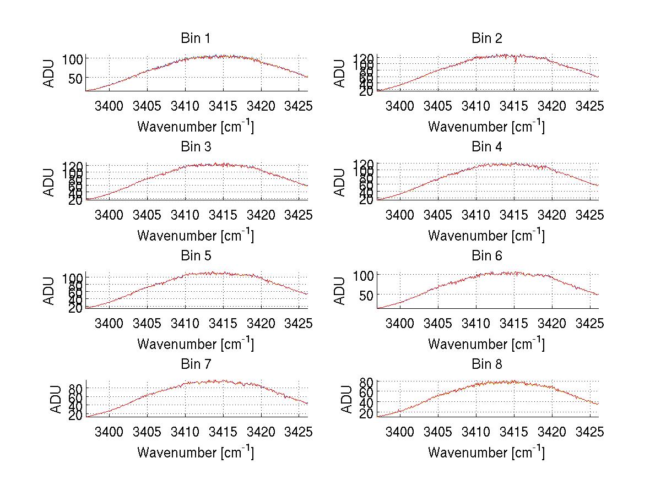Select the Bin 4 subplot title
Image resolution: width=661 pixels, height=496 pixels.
pyautogui.click(x=486, y=147)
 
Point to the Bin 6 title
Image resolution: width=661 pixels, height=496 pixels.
pyautogui.click(x=486, y=256)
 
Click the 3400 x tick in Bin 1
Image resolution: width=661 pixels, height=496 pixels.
pyautogui.click(x=109, y=105)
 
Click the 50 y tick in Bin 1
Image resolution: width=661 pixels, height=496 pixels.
pyautogui.click(x=76, y=78)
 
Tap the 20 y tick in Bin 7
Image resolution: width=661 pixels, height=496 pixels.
pyautogui.click(x=76, y=416)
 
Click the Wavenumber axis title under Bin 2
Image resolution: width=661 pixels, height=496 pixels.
pyautogui.click(x=486, y=126)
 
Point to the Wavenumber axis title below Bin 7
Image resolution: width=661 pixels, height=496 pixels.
pyautogui.click(x=195, y=452)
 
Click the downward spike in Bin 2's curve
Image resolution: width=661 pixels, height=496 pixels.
pyautogui.click(x=516, y=61)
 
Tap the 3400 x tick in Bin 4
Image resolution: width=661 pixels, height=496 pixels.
pyautogui.click(x=400, y=214)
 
